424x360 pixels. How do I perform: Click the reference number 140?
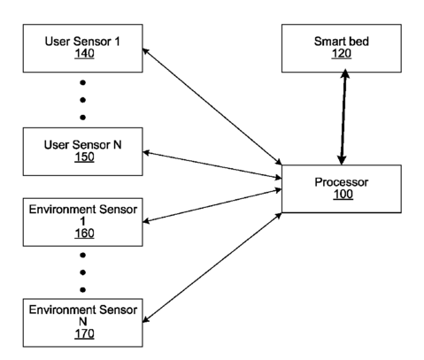(x=84, y=54)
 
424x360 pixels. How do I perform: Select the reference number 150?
(x=84, y=157)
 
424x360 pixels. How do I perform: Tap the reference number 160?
(x=84, y=234)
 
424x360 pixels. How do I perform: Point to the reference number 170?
(x=84, y=333)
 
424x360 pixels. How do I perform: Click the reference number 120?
(x=342, y=54)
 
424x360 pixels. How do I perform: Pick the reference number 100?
(x=343, y=195)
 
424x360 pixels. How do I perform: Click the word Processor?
(x=342, y=182)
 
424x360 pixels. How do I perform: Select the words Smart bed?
(x=342, y=42)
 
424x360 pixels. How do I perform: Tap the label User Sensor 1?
(x=82, y=42)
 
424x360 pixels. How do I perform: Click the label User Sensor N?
(x=82, y=145)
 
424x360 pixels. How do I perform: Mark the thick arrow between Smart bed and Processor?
(x=343, y=117)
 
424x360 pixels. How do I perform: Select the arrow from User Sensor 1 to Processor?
(x=212, y=106)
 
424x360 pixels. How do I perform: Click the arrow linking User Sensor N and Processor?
(x=212, y=165)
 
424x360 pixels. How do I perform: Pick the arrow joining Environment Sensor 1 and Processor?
(x=212, y=205)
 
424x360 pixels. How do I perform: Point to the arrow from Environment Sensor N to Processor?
(x=212, y=267)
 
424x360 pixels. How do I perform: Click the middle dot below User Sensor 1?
(x=83, y=100)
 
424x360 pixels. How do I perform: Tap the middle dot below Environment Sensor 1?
(x=83, y=272)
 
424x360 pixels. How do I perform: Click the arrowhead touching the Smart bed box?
(x=345, y=73)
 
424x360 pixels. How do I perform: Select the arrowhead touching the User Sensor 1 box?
(x=146, y=51)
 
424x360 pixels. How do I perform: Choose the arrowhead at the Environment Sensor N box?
(x=146, y=319)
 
